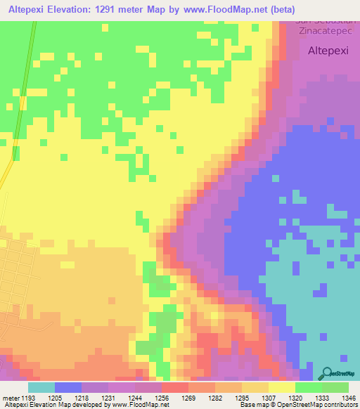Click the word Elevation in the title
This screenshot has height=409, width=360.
click(x=74, y=9)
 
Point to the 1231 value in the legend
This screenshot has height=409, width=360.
click(x=108, y=397)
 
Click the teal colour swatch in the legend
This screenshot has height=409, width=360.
click(x=41, y=387)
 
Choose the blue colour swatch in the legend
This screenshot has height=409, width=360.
click(x=67, y=387)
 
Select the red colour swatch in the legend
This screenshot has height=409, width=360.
click(x=174, y=387)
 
